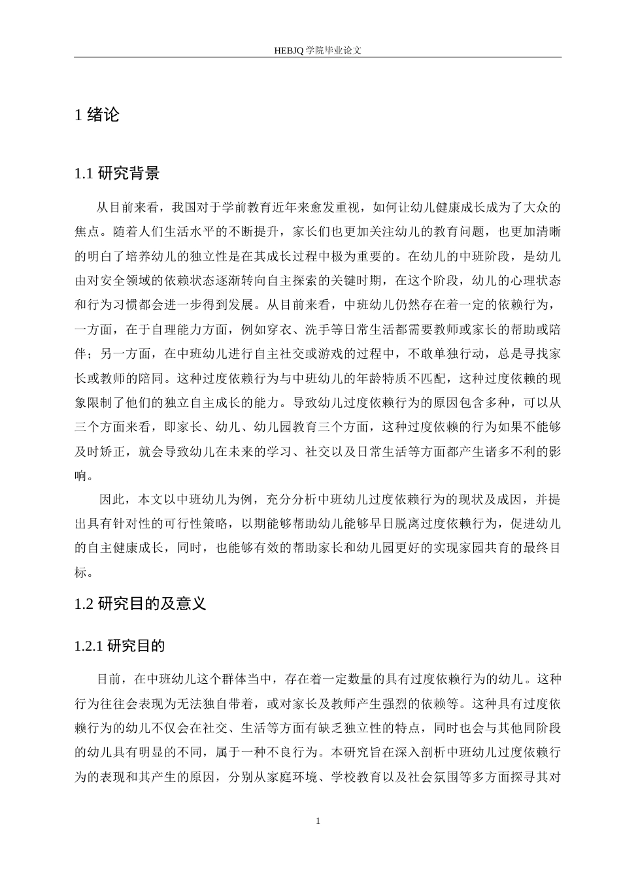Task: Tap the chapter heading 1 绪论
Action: coord(98,115)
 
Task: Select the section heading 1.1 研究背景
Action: coord(118,173)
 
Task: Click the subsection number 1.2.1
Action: coord(90,646)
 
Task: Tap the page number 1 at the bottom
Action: coord(318,820)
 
